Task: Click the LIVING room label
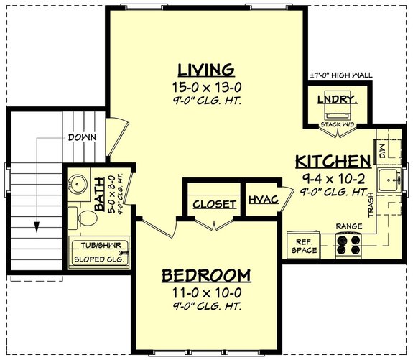click(x=206, y=70)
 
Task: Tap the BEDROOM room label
click(x=205, y=275)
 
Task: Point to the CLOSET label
click(x=214, y=204)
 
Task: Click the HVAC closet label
click(x=264, y=200)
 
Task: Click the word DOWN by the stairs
click(x=83, y=137)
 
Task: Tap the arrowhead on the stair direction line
click(x=33, y=227)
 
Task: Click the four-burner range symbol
click(x=348, y=246)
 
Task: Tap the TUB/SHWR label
click(x=99, y=245)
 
